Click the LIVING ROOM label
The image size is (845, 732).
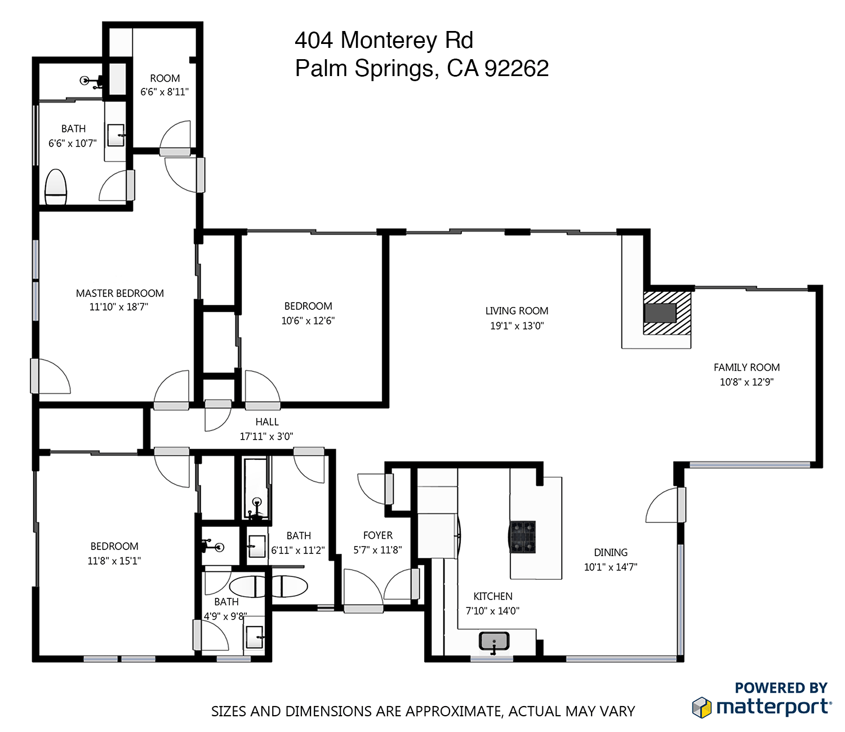coord(517,311)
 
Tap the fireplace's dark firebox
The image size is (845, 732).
coord(660,313)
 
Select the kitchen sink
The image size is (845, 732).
coord(494,641)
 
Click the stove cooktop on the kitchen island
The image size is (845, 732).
coord(522,536)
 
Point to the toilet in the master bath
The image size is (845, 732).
coord(55,187)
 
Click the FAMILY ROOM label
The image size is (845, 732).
coord(746,367)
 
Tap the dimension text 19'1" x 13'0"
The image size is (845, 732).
coord(517,326)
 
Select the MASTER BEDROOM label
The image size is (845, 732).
coord(120,293)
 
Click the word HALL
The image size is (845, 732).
coord(267,422)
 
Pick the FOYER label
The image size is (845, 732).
coord(378,535)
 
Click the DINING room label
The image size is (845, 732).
coord(611,552)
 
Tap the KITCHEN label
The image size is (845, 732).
coord(492,596)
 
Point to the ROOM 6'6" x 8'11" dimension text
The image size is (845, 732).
coord(164,92)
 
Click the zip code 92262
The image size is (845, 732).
coord(517,68)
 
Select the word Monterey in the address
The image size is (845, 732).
coord(389,41)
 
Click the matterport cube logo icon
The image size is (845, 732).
coord(701,707)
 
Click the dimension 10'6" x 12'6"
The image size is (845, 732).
coord(308,321)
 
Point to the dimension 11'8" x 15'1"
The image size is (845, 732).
coord(114,561)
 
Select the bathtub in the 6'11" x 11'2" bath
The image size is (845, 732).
coord(256,488)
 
